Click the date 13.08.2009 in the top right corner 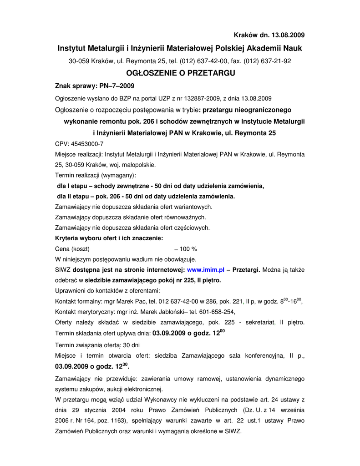[288, 35]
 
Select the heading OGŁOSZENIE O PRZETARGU [180, 73]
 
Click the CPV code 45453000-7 [88, 143]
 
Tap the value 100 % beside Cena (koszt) [188, 249]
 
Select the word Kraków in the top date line [245, 35]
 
